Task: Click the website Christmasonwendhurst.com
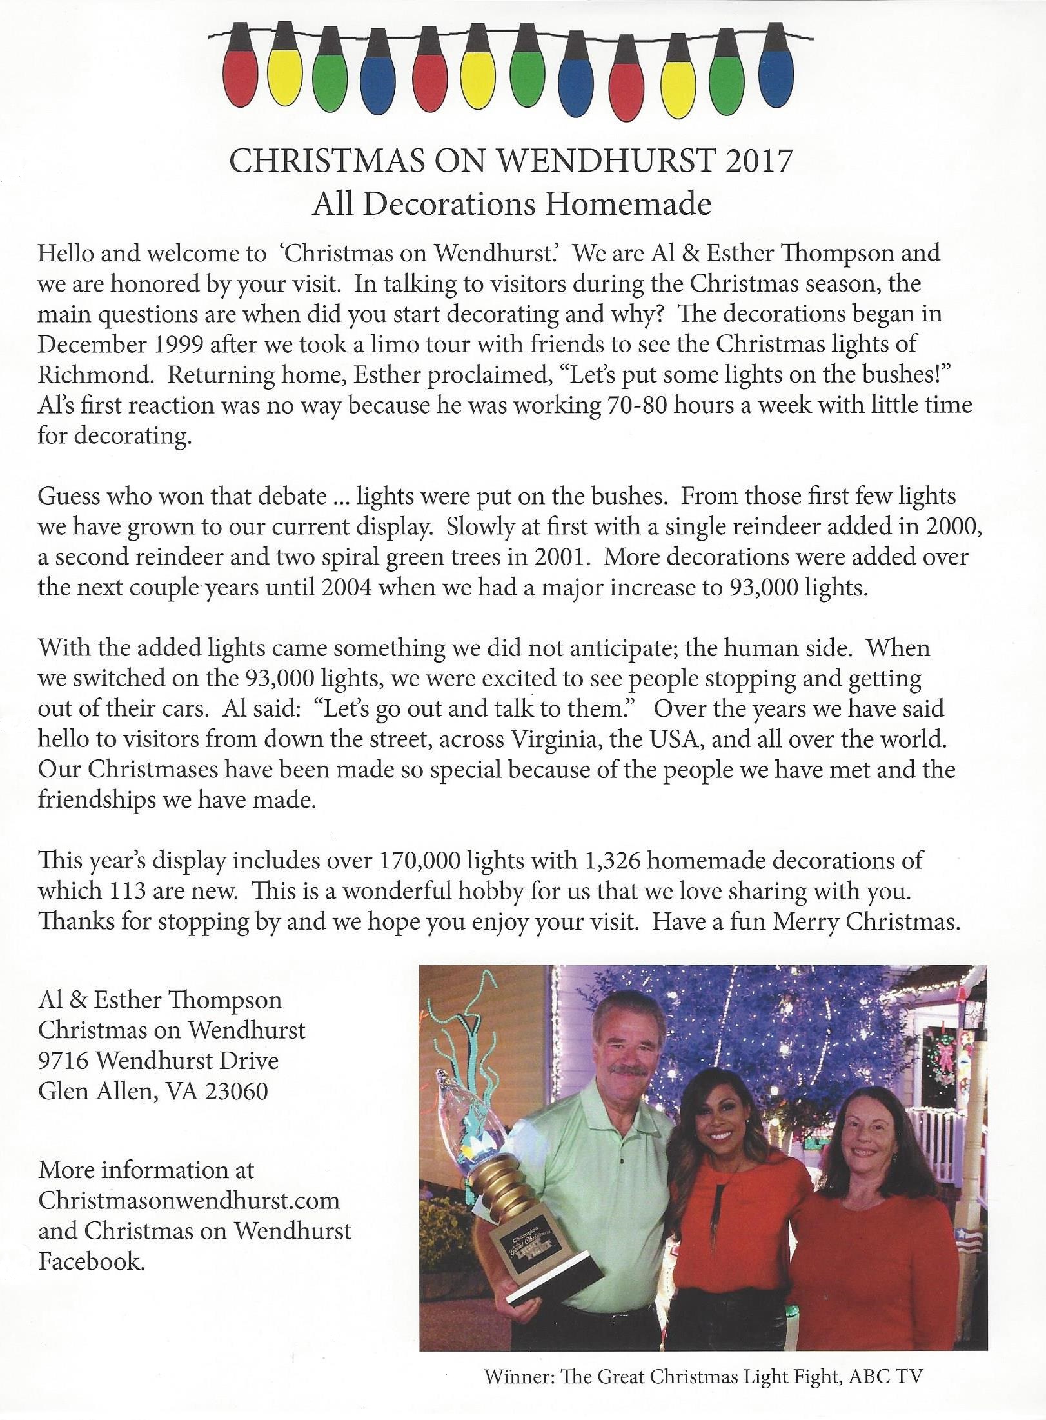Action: (188, 1201)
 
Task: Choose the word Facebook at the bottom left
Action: (91, 1261)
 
